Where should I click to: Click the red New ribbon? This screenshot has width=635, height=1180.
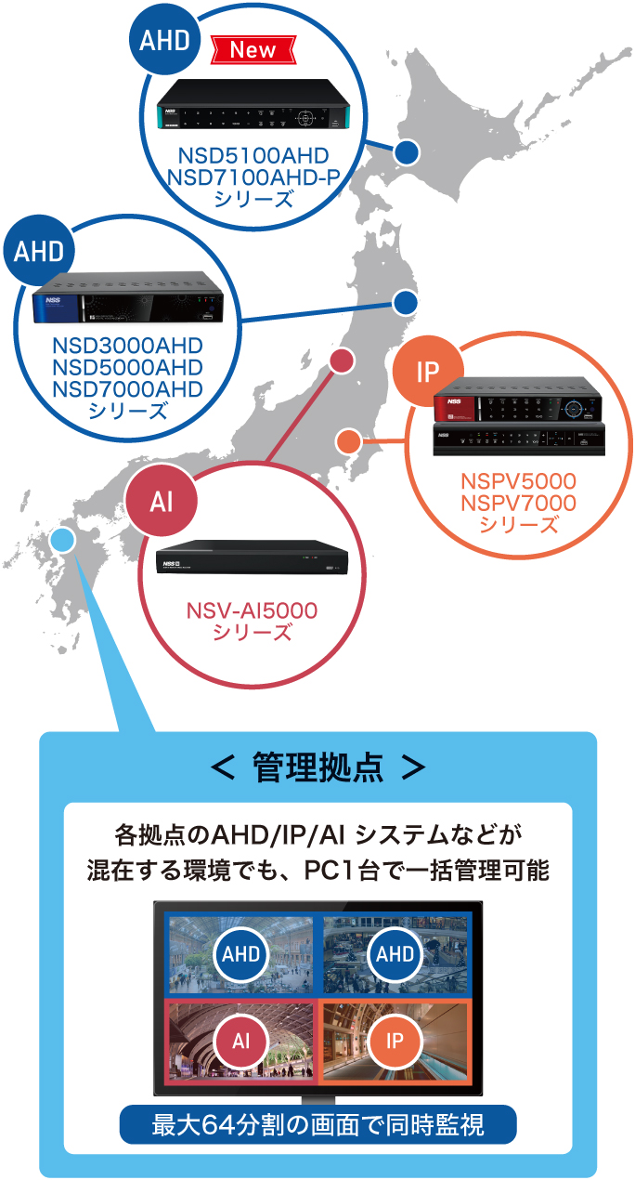click(x=253, y=51)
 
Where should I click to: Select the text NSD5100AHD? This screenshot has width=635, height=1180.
click(x=254, y=154)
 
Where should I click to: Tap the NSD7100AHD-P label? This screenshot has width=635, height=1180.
click(x=254, y=176)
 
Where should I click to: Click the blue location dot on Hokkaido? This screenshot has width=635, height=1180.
click(x=406, y=151)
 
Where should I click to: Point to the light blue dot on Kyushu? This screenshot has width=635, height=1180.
click(x=62, y=540)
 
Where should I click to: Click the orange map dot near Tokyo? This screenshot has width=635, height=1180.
click(x=348, y=440)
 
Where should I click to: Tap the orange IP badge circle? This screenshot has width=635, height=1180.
click(x=427, y=373)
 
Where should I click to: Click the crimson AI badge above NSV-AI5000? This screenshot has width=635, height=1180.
click(x=163, y=500)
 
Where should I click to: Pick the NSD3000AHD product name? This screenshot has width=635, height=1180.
click(x=128, y=347)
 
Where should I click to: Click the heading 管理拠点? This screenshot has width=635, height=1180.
click(x=317, y=767)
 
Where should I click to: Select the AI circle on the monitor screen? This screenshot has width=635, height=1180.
click(x=240, y=1040)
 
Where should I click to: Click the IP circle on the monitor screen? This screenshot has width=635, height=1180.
click(x=395, y=1040)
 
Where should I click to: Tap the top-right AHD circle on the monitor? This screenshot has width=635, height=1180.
click(x=395, y=953)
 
